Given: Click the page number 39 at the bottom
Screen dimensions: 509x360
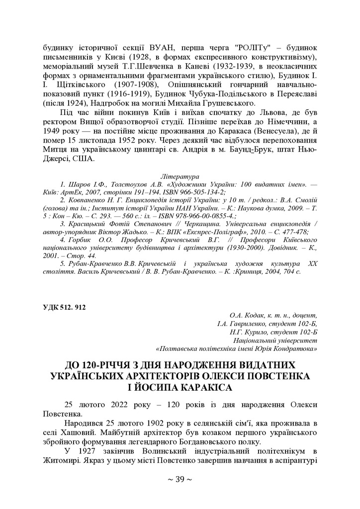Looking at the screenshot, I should click(x=180, y=480).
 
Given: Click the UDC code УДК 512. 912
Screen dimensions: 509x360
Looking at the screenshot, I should click(x=64, y=307).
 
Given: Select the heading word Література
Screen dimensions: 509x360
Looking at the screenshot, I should click(x=180, y=176).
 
